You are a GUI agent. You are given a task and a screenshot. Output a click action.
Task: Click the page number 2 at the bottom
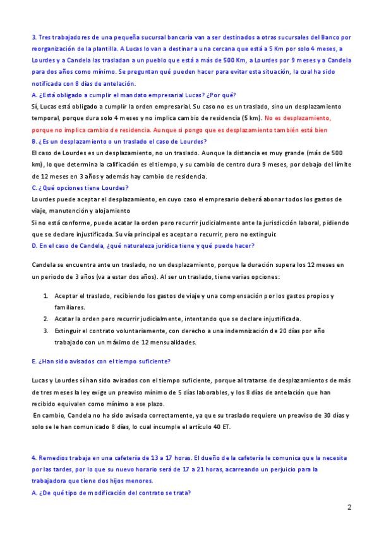[x=349, y=507]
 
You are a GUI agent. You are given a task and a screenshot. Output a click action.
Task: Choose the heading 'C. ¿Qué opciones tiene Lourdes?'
[x=80, y=188]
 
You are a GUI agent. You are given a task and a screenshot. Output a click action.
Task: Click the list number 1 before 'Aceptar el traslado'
[x=45, y=296]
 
